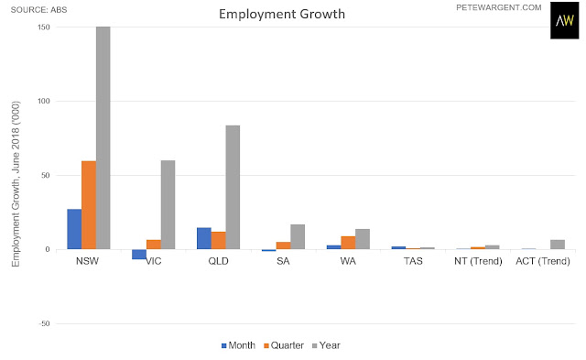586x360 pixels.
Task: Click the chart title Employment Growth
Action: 282,15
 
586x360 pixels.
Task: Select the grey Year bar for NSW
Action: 103,138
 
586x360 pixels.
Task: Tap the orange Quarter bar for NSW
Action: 89,205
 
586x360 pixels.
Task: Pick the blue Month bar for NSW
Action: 74,229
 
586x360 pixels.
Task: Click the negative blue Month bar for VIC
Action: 139,255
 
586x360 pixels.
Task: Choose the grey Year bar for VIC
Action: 168,205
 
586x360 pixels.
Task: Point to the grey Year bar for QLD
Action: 233,187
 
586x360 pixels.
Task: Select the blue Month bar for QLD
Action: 204,238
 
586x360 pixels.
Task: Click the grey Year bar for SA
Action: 298,237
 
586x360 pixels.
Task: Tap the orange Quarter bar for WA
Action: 348,243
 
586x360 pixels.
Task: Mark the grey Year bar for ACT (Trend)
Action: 558,245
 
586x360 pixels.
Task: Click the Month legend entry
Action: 238,345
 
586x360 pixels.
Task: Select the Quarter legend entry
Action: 284,345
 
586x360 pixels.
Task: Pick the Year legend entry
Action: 326,345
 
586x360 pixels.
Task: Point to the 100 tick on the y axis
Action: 44,101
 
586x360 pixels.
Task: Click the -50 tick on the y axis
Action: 44,323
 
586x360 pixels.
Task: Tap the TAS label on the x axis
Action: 413,261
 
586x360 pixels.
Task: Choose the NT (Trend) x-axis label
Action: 478,261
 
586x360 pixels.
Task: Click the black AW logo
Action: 564,20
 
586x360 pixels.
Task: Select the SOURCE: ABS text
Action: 38,10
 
